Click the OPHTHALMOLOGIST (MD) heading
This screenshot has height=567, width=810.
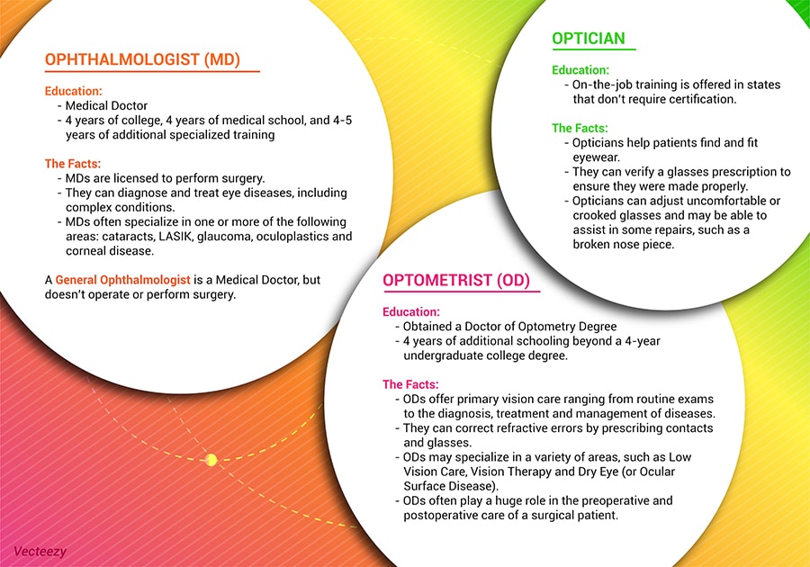click(142, 59)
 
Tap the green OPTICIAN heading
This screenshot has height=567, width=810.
click(589, 38)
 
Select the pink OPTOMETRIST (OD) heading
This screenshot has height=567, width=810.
click(456, 280)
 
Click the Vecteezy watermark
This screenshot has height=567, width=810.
click(40, 552)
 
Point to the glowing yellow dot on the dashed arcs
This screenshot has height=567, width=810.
click(211, 460)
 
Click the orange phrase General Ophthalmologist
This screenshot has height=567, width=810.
click(123, 280)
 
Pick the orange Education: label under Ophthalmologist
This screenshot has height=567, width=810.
click(74, 91)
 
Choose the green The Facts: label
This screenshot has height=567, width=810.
click(580, 128)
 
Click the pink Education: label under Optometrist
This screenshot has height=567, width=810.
click(411, 312)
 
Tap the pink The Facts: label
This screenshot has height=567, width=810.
click(410, 384)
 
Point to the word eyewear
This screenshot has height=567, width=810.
click(596, 157)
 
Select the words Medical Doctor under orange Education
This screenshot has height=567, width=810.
click(106, 106)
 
